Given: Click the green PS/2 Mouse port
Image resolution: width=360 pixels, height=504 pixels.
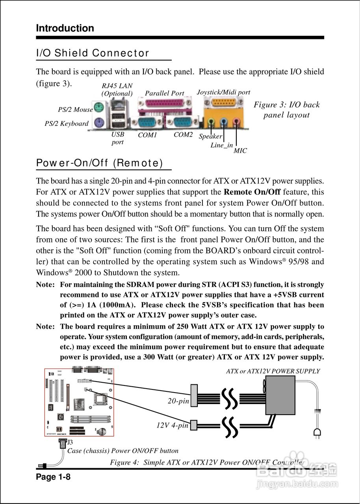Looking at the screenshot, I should click(x=98, y=107).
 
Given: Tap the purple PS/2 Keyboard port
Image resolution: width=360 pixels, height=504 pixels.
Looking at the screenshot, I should click(x=98, y=121).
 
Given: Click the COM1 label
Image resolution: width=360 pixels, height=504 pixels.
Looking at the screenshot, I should click(x=148, y=135).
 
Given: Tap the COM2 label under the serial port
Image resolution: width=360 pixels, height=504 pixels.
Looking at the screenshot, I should click(x=183, y=135).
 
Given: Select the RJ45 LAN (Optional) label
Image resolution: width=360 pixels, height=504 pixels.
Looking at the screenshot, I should click(x=117, y=89).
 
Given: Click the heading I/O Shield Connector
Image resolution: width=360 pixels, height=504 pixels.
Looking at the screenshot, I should click(x=93, y=53).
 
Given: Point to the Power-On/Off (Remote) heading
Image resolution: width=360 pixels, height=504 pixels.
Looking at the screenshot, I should click(x=99, y=163).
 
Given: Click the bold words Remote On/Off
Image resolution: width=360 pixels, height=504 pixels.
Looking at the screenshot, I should click(x=252, y=192).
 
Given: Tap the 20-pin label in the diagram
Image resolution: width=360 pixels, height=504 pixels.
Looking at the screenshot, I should click(x=178, y=401).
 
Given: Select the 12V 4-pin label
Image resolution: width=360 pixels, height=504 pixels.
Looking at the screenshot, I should click(x=173, y=426).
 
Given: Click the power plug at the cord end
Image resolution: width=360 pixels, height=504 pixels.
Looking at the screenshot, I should click(x=317, y=434).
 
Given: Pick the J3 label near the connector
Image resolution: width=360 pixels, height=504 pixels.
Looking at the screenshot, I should click(x=70, y=443).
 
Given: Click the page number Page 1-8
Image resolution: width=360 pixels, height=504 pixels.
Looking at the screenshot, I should click(x=53, y=477).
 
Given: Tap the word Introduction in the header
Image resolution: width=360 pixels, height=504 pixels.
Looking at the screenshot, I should click(x=65, y=28).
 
